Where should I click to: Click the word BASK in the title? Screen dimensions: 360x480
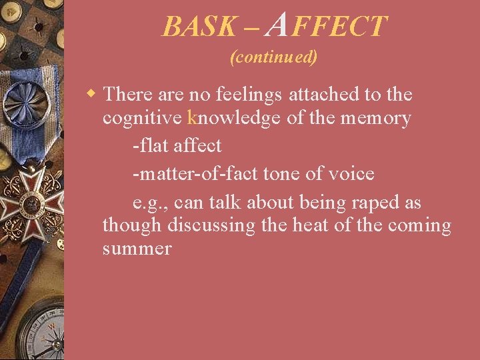point(199,27)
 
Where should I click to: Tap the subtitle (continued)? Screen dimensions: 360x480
point(273,57)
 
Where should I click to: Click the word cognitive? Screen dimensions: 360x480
point(143,119)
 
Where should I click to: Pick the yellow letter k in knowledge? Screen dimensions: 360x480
point(193,119)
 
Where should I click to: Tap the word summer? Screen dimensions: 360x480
point(137,249)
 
